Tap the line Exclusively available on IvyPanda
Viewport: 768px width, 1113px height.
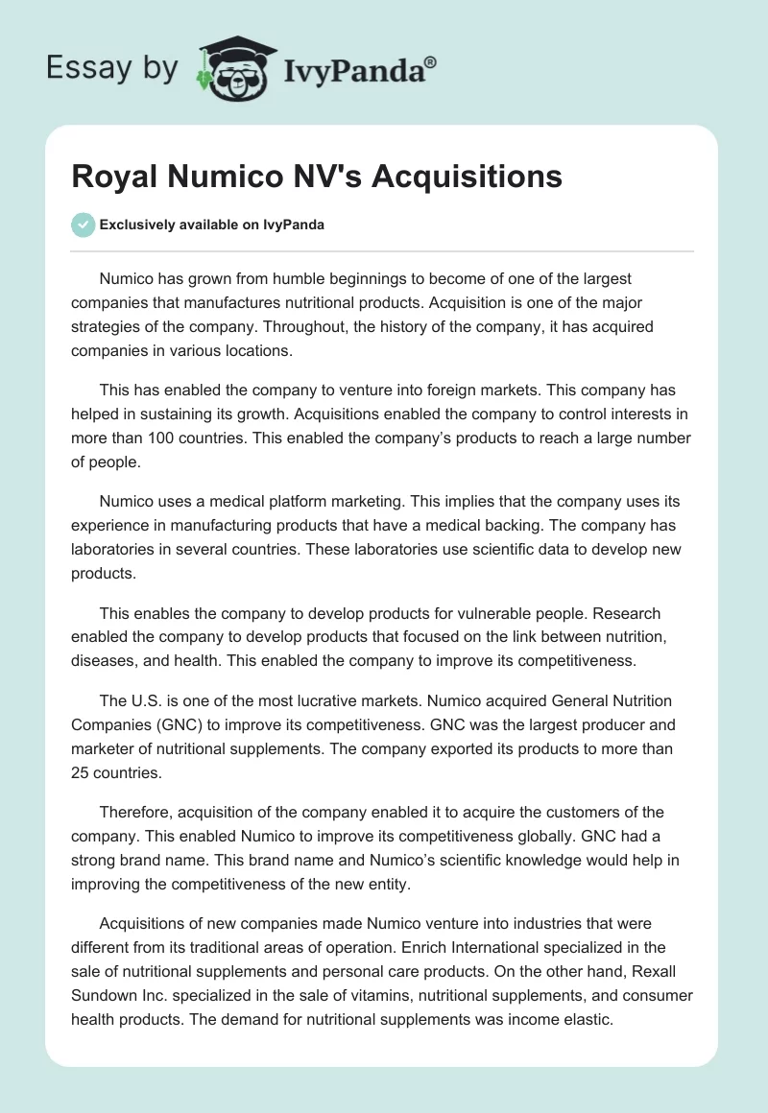pyautogui.click(x=211, y=225)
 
